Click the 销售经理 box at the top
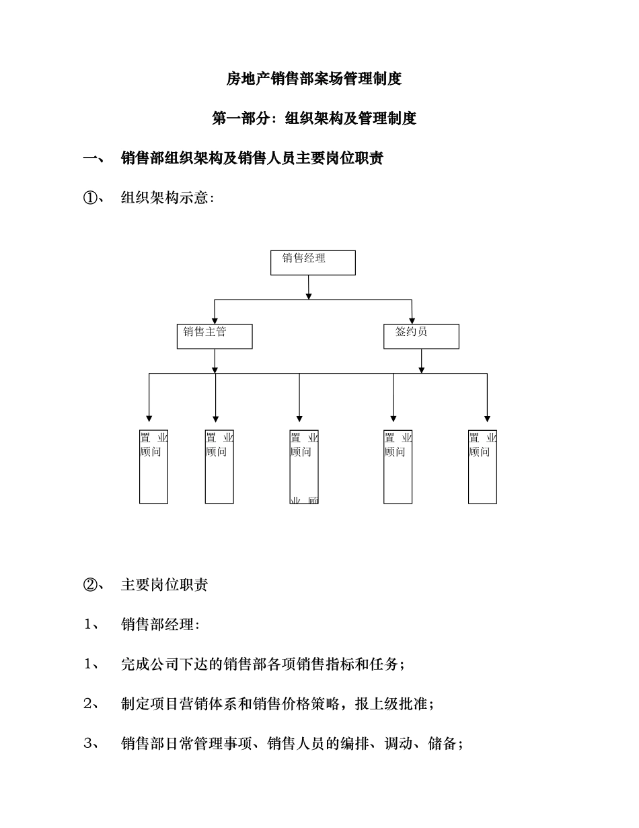click(x=313, y=263)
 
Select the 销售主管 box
click(x=215, y=336)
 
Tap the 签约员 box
click(x=421, y=336)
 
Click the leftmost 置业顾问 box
click(x=153, y=467)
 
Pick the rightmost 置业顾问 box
click(x=482, y=467)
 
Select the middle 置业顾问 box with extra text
click(x=304, y=467)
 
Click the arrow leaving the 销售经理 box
click(x=309, y=287)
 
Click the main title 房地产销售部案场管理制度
click(x=313, y=79)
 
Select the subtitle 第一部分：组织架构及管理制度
click(x=313, y=119)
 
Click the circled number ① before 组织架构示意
click(x=89, y=199)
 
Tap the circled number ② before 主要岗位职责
click(x=89, y=584)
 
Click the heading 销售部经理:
click(x=160, y=625)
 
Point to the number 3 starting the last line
click(x=88, y=744)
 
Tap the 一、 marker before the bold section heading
click(x=93, y=159)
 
